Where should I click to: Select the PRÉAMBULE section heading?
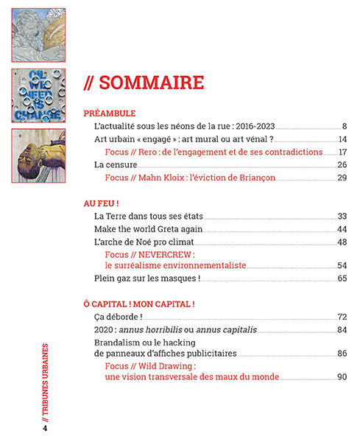[110, 113]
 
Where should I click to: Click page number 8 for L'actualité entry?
[344, 127]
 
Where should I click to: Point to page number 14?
[342, 139]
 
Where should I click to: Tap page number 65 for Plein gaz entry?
[342, 278]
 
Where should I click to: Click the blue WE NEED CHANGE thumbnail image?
[38, 95]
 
